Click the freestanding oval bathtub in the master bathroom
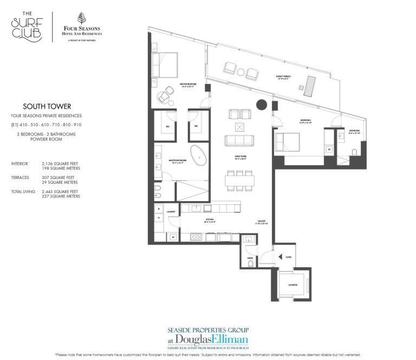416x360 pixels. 200,155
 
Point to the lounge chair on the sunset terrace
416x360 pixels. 311,86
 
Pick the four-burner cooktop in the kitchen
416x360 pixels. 194,237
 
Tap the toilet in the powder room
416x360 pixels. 250,263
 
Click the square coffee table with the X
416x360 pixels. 239,127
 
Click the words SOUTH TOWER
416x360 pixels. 46,107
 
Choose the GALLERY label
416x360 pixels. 262,221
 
